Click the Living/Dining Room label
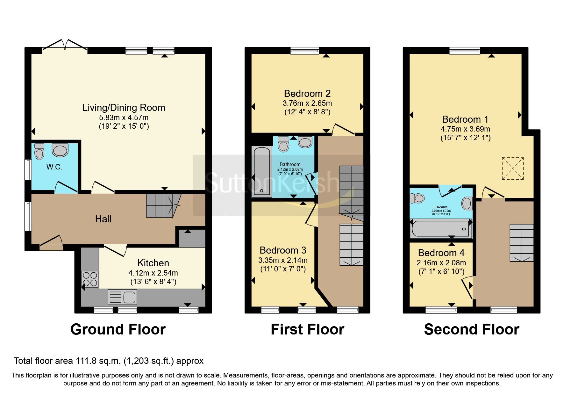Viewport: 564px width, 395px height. click(124, 108)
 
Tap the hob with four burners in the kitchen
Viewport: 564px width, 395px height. click(90, 279)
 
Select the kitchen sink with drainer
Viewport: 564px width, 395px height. click(123, 297)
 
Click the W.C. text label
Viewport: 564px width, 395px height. click(54, 167)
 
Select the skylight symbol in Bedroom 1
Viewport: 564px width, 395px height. click(512, 168)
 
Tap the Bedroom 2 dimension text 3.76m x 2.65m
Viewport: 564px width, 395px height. click(307, 103)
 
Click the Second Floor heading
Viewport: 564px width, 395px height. click(471, 329)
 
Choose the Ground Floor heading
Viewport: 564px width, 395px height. click(118, 329)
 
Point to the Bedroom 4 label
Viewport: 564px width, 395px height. click(441, 253)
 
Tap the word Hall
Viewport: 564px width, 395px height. click(103, 219)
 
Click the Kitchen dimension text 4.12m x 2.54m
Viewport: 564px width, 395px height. click(153, 273)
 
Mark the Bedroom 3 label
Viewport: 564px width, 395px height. click(283, 250)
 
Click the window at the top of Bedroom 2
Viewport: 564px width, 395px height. click(304, 50)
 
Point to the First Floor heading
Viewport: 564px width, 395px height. click(307, 329)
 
